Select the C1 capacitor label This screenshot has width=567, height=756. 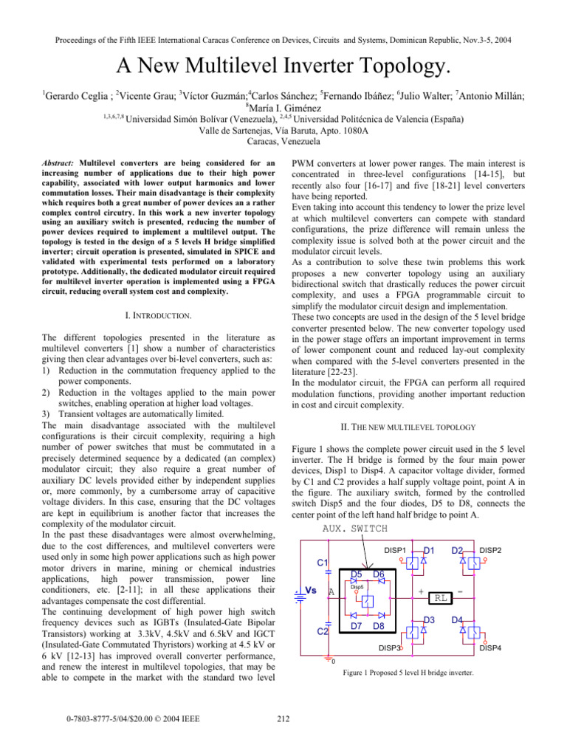(x=323, y=562)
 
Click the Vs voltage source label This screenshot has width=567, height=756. (x=311, y=591)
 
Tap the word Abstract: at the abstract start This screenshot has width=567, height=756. (x=63, y=162)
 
